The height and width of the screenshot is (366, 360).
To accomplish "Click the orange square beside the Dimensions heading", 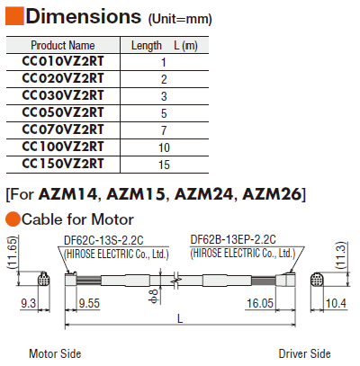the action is coord(14,15).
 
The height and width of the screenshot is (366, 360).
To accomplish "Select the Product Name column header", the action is coord(63,46).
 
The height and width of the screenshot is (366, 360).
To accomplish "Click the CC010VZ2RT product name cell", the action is coord(63,61).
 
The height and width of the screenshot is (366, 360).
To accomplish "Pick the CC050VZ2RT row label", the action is coord(63,112).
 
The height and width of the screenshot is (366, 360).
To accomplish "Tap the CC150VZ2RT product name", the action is coord(63,164).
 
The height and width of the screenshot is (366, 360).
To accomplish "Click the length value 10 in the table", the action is coord(164,147).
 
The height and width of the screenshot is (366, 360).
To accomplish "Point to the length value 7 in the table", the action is coord(164,130).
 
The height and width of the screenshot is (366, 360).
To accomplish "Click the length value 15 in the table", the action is coord(164,165).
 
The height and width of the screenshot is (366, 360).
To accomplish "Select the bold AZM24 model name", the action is coord(204,194).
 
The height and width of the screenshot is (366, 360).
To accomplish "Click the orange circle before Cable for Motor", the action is coord(13,219).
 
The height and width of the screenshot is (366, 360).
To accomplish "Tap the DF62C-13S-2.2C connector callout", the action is coord(103,240).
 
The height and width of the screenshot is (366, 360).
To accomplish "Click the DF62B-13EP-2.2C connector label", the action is coord(233,239).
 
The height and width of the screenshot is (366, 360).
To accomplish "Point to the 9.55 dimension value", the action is coord(89,303).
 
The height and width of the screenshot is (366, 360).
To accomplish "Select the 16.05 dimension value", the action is coord(260,303).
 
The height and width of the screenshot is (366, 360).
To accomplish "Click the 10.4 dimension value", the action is coord(336,303).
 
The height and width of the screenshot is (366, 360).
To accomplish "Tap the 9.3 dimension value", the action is coord(28,303).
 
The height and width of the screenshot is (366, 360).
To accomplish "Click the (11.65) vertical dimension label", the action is coord(13,253).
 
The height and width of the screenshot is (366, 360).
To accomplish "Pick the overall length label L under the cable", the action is coord(180,318).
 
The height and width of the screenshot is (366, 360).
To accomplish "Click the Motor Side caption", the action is coord(55,353).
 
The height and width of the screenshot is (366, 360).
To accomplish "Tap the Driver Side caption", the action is coord(304,353).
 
